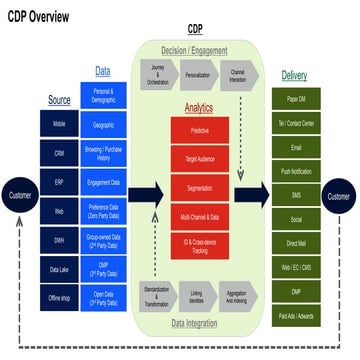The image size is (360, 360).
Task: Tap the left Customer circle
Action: coord(20,196)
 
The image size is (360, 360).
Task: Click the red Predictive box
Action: coord(199,129)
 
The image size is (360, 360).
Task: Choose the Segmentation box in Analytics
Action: coord(199,187)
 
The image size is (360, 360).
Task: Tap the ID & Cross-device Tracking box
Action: coord(199,245)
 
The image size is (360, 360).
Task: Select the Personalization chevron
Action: coord(198,73)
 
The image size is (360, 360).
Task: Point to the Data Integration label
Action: coord(193,323)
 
